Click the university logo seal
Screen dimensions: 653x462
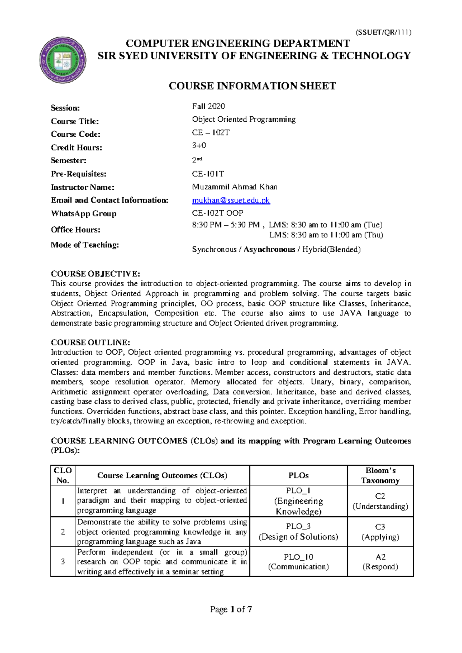coord(63,60)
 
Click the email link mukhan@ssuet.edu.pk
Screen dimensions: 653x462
coord(231,200)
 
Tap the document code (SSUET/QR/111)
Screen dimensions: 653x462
coord(383,32)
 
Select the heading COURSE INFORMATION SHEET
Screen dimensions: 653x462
coord(252,86)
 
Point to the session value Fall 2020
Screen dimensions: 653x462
coord(208,106)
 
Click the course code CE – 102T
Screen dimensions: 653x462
coord(211,132)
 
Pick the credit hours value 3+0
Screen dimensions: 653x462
coord(199,146)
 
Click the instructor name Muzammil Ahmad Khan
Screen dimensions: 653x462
coord(234,187)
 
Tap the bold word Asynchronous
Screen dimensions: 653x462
coord(269,249)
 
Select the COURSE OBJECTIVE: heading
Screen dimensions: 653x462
coord(95,274)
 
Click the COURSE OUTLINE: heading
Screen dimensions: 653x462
coord(90,342)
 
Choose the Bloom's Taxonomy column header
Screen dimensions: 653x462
coord(380,475)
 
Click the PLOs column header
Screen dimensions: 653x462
coord(298,476)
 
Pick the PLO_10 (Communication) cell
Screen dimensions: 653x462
coord(298,562)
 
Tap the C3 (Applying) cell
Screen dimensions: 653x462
coord(380,532)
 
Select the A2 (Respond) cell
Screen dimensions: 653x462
coord(380,562)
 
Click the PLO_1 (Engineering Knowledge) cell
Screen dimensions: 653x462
coord(298,501)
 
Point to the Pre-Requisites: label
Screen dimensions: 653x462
coord(79,174)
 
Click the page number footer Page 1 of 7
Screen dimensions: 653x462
coord(231,609)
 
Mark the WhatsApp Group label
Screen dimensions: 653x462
coord(84,213)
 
